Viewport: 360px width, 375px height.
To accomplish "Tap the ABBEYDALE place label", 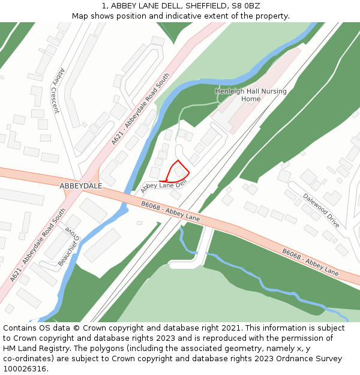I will pos(80,186).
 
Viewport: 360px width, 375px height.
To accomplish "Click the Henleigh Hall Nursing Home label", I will pos(251,95).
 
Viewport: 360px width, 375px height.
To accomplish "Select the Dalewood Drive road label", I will pos(320,210).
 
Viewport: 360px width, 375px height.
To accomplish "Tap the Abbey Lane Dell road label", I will pos(160,187).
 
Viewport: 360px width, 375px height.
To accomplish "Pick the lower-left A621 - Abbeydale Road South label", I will pos(38,245).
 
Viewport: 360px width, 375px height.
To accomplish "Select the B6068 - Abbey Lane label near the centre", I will pos(170,211).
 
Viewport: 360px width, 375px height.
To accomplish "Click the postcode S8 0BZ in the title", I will pos(246,6).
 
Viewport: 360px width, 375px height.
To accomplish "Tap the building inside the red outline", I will pos(179,172).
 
